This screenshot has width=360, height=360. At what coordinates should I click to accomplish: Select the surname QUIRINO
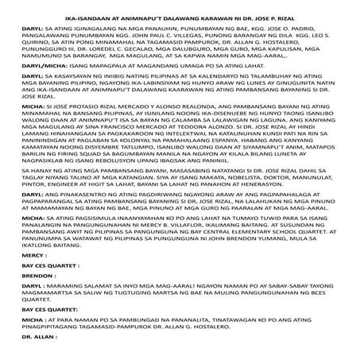[20, 43]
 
